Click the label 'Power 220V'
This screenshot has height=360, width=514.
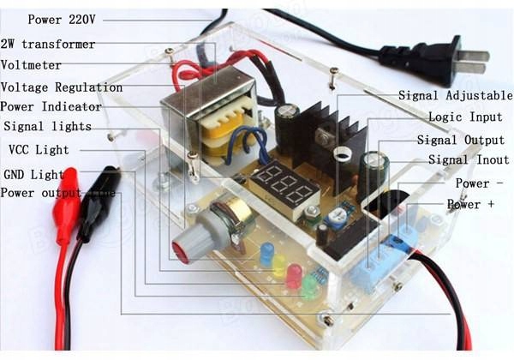click(61, 19)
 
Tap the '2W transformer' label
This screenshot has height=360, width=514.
click(48, 44)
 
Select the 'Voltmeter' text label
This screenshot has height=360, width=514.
click(32, 65)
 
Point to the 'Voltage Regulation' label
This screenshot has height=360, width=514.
click(62, 87)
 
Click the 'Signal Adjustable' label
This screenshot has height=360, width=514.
click(455, 95)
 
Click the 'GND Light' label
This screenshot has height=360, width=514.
click(33, 174)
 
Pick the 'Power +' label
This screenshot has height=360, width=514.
click(470, 205)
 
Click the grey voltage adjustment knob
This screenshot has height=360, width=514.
click(197, 235)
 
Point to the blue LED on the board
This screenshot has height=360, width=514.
click(266, 253)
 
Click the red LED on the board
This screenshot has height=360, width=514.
click(294, 275)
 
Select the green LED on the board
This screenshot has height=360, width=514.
click(308, 286)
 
